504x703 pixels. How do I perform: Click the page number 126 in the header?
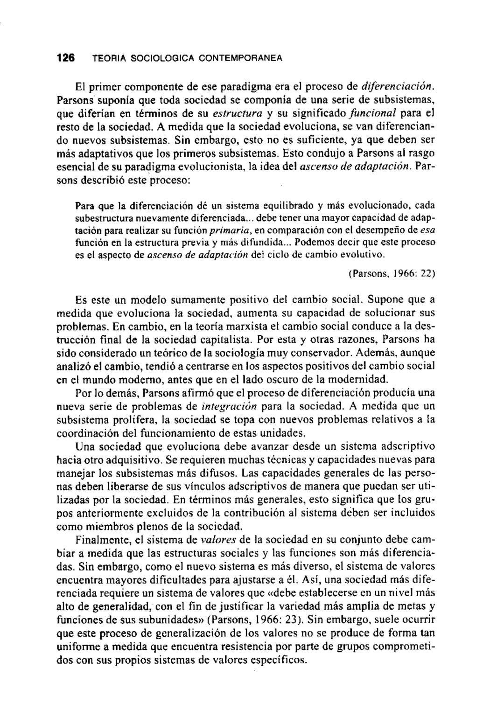[65, 58]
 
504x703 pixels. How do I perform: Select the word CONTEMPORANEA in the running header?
[241, 59]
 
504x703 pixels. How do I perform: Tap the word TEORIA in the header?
[107, 59]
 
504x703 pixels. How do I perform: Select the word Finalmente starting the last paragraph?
[100, 540]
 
